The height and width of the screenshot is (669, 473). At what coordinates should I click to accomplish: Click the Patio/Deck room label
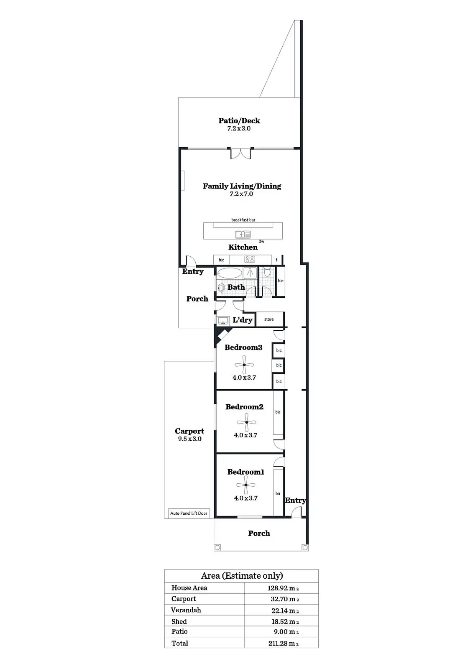tap(239, 121)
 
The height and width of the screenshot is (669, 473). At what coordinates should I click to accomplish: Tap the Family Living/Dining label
tap(242, 186)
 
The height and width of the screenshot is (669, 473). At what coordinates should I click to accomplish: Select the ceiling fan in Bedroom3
tap(244, 365)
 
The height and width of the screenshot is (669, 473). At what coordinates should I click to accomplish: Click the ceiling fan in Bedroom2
tap(246, 422)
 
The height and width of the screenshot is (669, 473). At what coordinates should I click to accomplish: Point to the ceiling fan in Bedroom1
tap(246, 485)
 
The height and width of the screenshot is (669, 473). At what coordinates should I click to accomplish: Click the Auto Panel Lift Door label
tap(189, 513)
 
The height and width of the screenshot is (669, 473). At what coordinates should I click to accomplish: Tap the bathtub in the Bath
tap(230, 273)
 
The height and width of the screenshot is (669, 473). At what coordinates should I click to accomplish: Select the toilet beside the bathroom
tap(267, 273)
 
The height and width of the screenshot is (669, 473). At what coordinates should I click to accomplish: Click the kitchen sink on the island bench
tap(243, 235)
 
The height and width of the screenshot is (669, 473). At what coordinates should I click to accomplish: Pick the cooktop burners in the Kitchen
tap(250, 260)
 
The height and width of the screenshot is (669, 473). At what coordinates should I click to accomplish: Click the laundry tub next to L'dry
tap(223, 321)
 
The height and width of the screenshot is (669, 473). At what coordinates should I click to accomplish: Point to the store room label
tap(269, 319)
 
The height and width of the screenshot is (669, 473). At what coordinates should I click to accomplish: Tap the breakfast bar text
tap(243, 220)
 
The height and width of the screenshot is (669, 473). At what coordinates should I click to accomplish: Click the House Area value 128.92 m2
tap(283, 588)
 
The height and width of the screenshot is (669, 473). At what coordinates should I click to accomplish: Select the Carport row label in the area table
tap(184, 599)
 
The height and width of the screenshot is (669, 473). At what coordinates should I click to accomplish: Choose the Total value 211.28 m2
tap(283, 643)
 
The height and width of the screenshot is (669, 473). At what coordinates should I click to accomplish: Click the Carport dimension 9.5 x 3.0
tap(190, 439)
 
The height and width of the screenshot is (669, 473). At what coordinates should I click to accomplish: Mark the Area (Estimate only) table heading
tap(242, 576)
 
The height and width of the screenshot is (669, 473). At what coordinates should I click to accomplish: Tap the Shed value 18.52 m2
tap(285, 622)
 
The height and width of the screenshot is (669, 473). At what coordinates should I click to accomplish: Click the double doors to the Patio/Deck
tap(241, 153)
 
